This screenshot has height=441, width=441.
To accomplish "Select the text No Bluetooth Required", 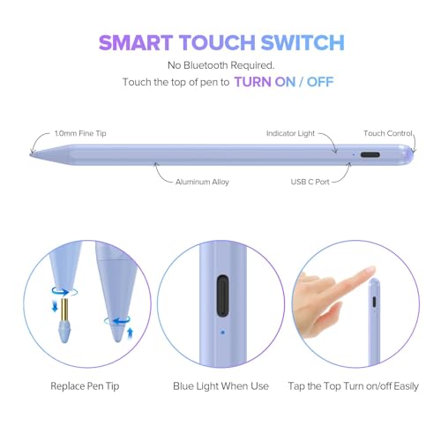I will click(220, 65).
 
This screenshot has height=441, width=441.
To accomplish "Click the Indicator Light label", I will click(292, 134).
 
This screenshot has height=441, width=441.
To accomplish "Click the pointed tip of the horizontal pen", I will click(33, 155).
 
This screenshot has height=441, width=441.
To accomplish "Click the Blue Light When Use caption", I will click(220, 386).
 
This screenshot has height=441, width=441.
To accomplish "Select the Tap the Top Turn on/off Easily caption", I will click(354, 386).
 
